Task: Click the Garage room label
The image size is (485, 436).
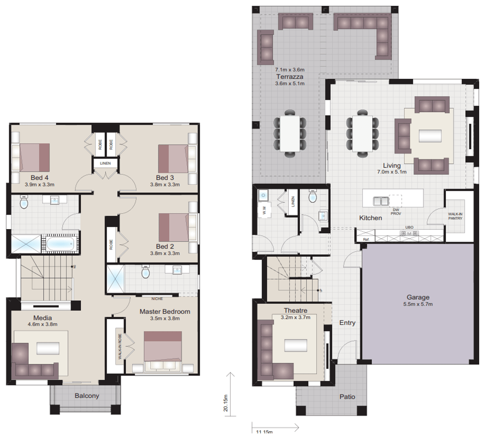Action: (418, 297)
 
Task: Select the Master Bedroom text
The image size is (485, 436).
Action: (165, 311)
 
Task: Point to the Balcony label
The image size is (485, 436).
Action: (87, 396)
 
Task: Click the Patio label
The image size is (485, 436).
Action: (346, 397)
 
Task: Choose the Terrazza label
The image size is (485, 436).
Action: (290, 77)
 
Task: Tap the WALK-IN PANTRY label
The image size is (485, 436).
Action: (455, 216)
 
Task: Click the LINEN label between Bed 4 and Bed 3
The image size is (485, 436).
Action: (105, 163)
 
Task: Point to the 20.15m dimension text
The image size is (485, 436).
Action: (226, 402)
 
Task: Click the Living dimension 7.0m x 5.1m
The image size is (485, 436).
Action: (391, 171)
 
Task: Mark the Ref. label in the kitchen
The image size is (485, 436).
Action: (366, 238)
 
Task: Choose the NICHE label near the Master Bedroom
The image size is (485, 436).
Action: (157, 299)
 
